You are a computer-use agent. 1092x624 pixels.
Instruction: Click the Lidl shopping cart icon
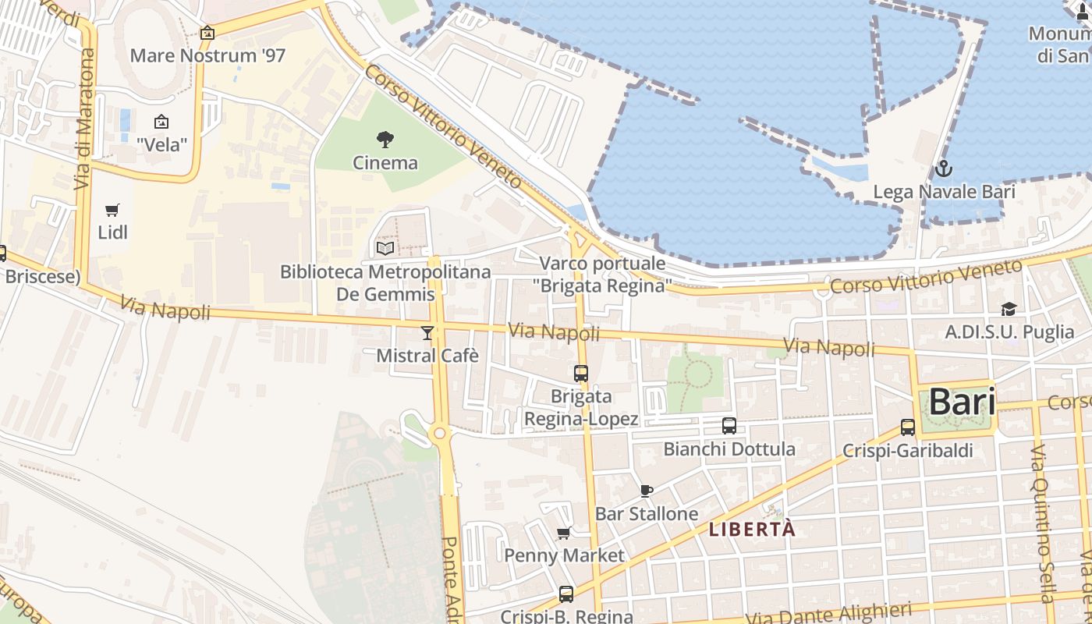(x=112, y=210)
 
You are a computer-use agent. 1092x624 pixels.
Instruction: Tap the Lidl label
(x=112, y=232)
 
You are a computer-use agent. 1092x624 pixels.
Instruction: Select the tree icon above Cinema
(x=385, y=140)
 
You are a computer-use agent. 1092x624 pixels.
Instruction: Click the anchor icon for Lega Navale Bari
(x=944, y=169)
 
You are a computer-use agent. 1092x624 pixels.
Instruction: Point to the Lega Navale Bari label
(x=944, y=192)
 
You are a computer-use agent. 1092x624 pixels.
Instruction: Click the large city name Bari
(x=962, y=402)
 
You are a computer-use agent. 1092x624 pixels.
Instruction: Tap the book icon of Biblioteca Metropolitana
(x=385, y=249)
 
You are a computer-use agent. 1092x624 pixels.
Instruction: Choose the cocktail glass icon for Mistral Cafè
(x=427, y=334)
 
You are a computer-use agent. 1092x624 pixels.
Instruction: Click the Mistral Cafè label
(x=427, y=356)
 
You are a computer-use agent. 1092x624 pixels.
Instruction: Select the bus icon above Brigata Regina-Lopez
(x=581, y=374)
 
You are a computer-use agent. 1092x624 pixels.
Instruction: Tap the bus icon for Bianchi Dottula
(x=729, y=426)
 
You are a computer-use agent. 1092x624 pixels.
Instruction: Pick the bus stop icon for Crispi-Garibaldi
(x=907, y=427)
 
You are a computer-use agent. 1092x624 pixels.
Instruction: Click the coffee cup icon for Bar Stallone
(x=646, y=491)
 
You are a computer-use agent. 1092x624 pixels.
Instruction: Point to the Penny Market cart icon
(x=564, y=534)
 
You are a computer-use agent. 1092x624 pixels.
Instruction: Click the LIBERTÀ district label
(x=752, y=530)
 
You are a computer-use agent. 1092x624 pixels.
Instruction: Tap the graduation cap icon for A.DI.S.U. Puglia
(x=1009, y=310)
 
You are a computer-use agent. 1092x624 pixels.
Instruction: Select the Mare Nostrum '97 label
(x=207, y=55)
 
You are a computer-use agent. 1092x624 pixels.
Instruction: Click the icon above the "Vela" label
(x=161, y=122)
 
